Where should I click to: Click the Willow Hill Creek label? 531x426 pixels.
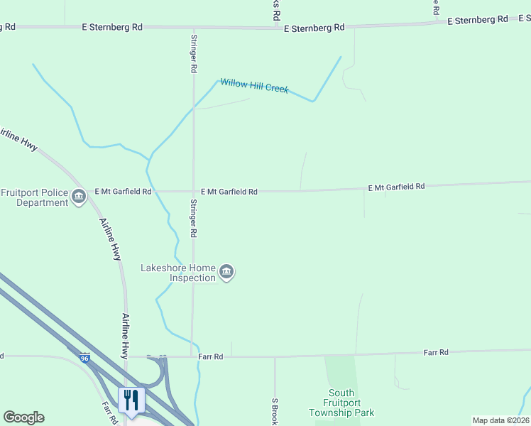(254, 86)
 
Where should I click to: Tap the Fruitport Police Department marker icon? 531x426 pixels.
(78, 197)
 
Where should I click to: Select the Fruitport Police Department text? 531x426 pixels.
(34, 197)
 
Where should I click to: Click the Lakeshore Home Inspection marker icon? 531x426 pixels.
(226, 273)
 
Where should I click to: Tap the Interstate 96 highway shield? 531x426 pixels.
(84, 357)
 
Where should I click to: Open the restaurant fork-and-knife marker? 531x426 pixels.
(131, 400)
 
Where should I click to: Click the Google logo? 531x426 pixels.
(23, 417)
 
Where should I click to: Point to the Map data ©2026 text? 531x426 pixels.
(500, 420)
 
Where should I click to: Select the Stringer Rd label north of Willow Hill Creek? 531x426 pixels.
(193, 53)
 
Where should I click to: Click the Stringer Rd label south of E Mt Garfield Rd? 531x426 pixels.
(193, 218)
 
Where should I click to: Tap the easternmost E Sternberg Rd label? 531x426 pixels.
(478, 20)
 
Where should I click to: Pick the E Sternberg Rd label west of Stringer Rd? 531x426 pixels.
(112, 27)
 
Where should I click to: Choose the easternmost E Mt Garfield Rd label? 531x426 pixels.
(396, 187)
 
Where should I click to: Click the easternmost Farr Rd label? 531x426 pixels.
(436, 352)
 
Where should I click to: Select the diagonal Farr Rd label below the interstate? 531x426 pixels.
(108, 413)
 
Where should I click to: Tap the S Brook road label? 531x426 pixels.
(274, 410)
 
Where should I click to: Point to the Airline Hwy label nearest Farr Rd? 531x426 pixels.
(125, 337)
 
